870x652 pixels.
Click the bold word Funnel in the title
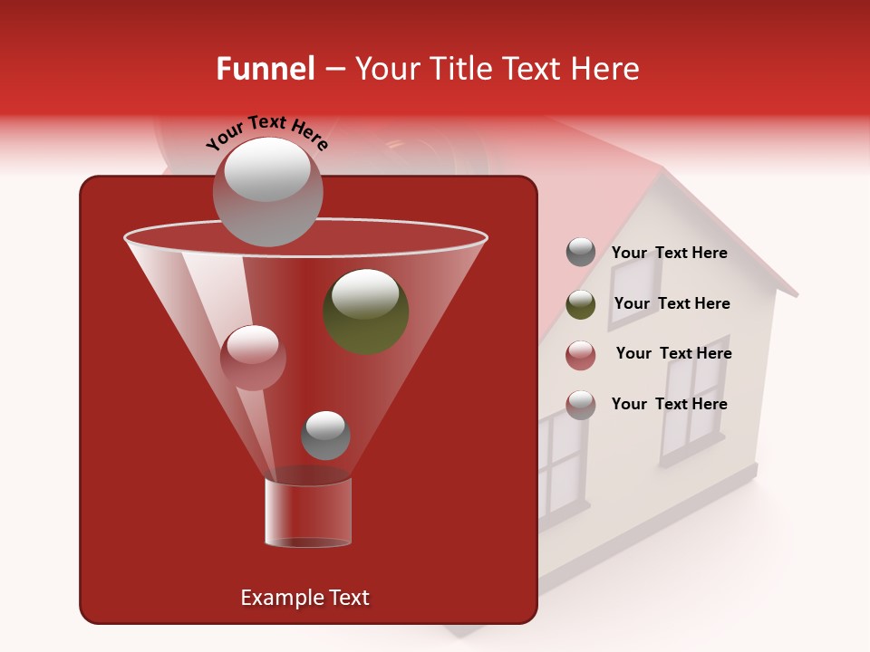[265, 69]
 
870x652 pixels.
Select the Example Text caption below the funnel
[304, 598]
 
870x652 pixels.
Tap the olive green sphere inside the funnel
[366, 312]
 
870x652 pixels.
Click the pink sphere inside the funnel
[253, 358]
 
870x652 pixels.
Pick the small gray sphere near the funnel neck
[325, 436]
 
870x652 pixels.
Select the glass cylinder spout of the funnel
[308, 513]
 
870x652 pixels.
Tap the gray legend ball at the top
[581, 253]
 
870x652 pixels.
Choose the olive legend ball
[581, 304]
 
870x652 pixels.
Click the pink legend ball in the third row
[581, 355]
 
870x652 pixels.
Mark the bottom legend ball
[581, 405]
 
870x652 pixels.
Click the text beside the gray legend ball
[669, 253]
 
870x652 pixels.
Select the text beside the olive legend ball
[672, 303]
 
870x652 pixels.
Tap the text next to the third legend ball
[673, 353]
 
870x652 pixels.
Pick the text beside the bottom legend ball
[669, 404]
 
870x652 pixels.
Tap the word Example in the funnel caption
[280, 598]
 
